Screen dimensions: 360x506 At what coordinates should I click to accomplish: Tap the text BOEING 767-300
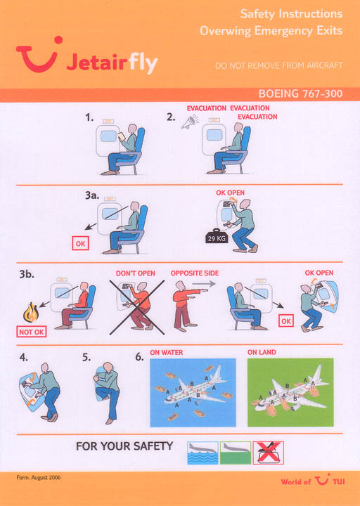(300, 94)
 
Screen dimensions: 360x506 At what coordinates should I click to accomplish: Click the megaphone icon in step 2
(190, 122)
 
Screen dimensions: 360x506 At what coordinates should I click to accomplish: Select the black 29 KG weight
(217, 237)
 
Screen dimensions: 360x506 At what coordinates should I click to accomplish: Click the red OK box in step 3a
(80, 244)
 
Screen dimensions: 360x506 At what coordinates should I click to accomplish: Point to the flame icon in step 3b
(31, 312)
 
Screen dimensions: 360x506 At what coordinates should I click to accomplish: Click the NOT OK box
(32, 332)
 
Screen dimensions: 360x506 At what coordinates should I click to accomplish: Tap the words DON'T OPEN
(135, 273)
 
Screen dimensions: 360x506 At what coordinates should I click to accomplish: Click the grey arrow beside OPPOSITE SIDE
(204, 284)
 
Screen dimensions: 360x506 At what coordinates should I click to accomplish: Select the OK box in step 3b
(286, 321)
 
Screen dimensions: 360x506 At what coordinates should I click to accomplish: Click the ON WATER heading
(166, 352)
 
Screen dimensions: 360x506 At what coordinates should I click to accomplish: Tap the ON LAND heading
(262, 352)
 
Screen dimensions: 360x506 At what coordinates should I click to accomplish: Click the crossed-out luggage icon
(269, 453)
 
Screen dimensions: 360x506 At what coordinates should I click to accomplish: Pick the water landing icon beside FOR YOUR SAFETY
(202, 453)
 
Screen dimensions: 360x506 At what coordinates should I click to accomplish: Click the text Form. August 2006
(39, 478)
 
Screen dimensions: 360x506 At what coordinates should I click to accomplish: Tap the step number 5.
(86, 357)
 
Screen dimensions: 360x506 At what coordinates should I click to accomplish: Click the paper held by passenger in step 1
(122, 136)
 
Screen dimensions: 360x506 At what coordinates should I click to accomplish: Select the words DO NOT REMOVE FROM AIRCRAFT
(278, 65)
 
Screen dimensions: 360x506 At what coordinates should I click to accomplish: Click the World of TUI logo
(312, 480)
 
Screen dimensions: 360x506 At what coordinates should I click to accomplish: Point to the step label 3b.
(27, 274)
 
